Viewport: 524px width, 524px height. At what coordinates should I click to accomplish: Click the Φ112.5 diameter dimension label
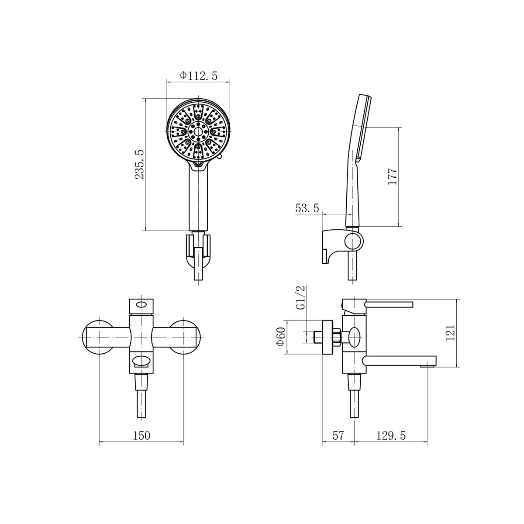click(x=199, y=76)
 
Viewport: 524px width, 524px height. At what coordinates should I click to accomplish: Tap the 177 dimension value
click(x=392, y=176)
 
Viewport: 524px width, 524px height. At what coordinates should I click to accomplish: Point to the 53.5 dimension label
click(x=307, y=208)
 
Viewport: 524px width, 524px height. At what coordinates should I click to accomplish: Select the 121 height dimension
click(x=450, y=333)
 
